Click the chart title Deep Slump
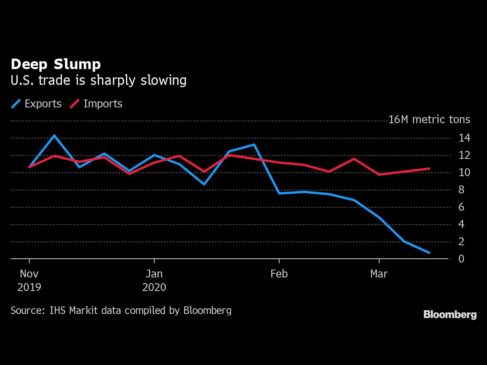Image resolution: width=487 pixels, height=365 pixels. [x=56, y=65]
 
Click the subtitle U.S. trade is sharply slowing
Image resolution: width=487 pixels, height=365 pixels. [x=98, y=80]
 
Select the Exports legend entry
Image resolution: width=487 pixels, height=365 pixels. [x=36, y=104]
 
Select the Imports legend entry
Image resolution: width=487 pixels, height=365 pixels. [x=96, y=104]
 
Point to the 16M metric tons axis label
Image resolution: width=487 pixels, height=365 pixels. [x=429, y=119]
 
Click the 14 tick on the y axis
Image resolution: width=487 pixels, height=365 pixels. [x=464, y=138]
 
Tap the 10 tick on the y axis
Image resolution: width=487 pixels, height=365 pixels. [x=464, y=172]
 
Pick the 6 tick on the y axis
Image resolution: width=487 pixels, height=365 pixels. [x=461, y=207]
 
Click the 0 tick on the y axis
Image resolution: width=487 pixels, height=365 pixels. [x=461, y=259]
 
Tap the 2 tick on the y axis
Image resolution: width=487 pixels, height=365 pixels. [x=461, y=241]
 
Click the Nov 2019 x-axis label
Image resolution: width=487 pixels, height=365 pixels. [x=29, y=281]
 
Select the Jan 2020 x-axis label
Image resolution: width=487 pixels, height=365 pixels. [x=154, y=281]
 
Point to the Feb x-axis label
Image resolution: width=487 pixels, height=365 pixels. [x=279, y=274]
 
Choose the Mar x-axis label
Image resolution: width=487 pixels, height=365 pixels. [x=379, y=274]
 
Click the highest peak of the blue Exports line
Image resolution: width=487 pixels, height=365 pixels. [x=54, y=136]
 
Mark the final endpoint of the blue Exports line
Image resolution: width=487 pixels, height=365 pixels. [x=429, y=253]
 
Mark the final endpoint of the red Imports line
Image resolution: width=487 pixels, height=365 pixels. [x=429, y=169]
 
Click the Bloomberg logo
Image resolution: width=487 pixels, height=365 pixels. [x=450, y=315]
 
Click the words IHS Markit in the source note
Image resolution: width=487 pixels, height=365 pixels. [x=73, y=310]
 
